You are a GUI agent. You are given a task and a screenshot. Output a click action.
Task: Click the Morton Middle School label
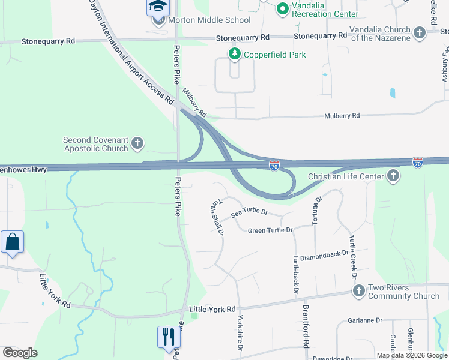[x=209, y=20]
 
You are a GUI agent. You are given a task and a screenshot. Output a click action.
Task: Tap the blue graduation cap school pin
[x=158, y=7]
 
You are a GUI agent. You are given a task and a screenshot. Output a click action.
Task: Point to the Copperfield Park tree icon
[x=234, y=55]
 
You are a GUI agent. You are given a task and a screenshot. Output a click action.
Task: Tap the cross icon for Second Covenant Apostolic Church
[x=137, y=143]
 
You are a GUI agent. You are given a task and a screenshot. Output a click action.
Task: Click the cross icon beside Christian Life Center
[x=393, y=176]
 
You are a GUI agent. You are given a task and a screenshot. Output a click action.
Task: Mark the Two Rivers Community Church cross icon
[x=359, y=291]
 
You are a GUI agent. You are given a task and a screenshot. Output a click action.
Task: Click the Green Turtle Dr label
[x=270, y=230]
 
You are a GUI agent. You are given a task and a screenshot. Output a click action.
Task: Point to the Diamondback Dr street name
[x=324, y=254]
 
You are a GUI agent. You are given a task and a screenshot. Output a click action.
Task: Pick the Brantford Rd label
[x=306, y=336]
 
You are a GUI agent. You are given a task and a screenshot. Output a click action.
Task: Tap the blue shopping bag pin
[x=12, y=242]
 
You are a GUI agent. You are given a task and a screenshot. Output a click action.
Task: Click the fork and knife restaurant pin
[x=168, y=336]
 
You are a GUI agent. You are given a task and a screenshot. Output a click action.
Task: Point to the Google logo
[x=19, y=353]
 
